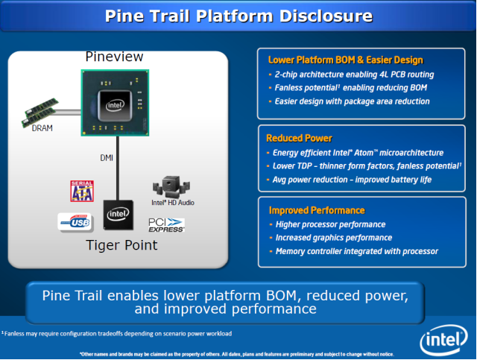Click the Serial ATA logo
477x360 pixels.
[x=82, y=191]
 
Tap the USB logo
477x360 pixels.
[x=75, y=222]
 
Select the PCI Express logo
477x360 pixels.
[x=166, y=225]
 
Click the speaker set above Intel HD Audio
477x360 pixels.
[x=171, y=186]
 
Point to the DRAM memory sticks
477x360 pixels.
[x=40, y=113]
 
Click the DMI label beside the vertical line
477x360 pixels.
[x=107, y=157]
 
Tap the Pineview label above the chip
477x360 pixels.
[x=114, y=57]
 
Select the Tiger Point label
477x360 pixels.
[x=121, y=245]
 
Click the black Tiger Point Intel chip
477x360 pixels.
[x=118, y=215]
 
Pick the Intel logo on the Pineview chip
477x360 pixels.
[x=115, y=105]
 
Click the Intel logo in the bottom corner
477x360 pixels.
[x=443, y=340]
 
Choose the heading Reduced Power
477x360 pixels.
[x=299, y=138]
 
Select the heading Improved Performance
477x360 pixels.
[x=317, y=210]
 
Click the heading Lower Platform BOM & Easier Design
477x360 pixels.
[x=346, y=60]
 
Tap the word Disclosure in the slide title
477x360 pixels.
[x=326, y=16]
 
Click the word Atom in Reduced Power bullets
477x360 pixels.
[x=364, y=153]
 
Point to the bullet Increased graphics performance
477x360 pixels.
[x=334, y=238]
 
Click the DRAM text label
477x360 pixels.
[x=42, y=128]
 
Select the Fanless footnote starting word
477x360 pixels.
[x=14, y=333]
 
